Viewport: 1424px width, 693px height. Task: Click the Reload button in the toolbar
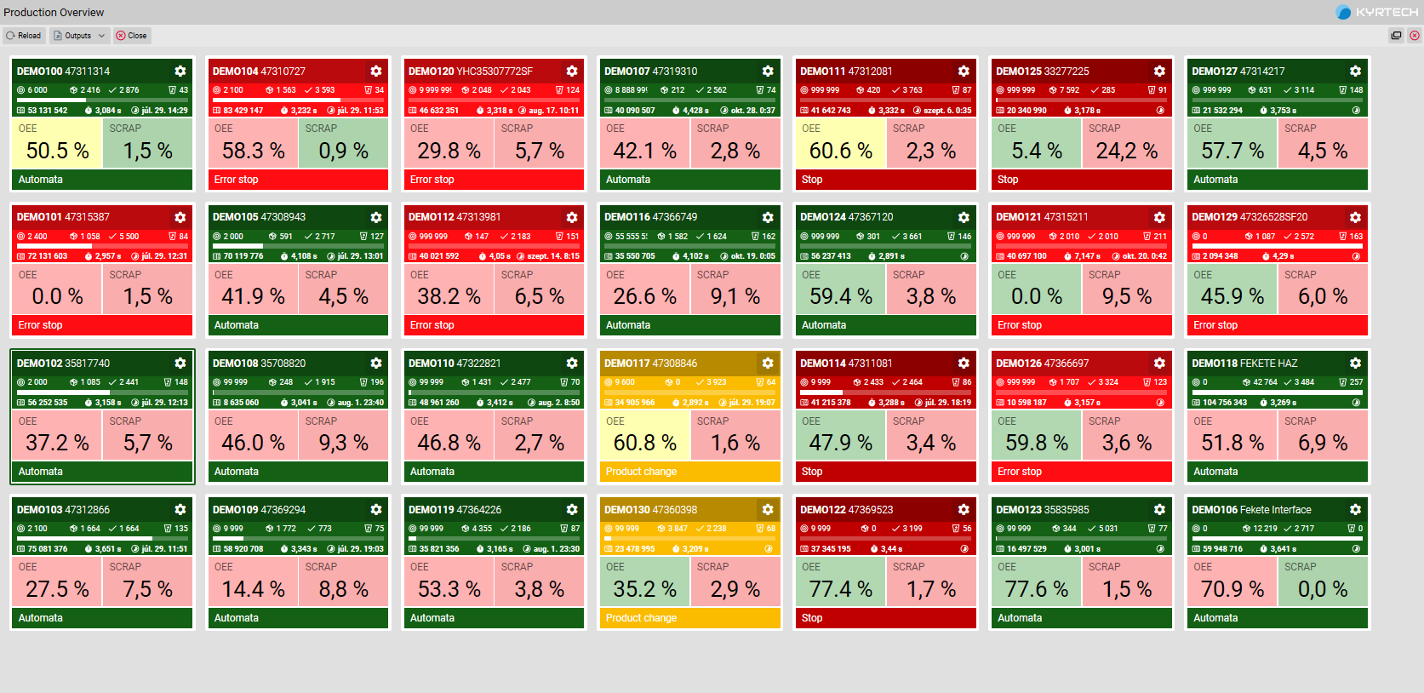(x=24, y=36)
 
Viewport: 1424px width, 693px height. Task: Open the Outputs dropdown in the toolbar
(x=79, y=36)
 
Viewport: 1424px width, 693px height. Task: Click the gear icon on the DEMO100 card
(x=180, y=72)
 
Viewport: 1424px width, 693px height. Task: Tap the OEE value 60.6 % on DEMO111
(x=840, y=151)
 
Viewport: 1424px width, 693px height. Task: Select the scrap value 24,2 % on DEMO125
(x=1126, y=151)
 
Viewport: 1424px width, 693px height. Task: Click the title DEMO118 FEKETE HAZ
(x=1244, y=364)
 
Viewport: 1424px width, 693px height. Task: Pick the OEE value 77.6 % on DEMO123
(x=1036, y=589)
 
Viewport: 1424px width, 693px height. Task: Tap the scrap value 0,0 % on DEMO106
(x=1322, y=589)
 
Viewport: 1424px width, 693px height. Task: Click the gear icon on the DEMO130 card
(x=768, y=510)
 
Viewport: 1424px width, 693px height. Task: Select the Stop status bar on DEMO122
(x=884, y=618)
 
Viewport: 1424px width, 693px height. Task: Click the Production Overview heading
(x=54, y=13)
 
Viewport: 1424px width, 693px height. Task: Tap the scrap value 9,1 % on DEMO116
(x=735, y=296)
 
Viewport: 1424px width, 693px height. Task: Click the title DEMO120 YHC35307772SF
(x=470, y=72)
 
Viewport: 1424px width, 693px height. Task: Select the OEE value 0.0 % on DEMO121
(x=1036, y=296)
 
